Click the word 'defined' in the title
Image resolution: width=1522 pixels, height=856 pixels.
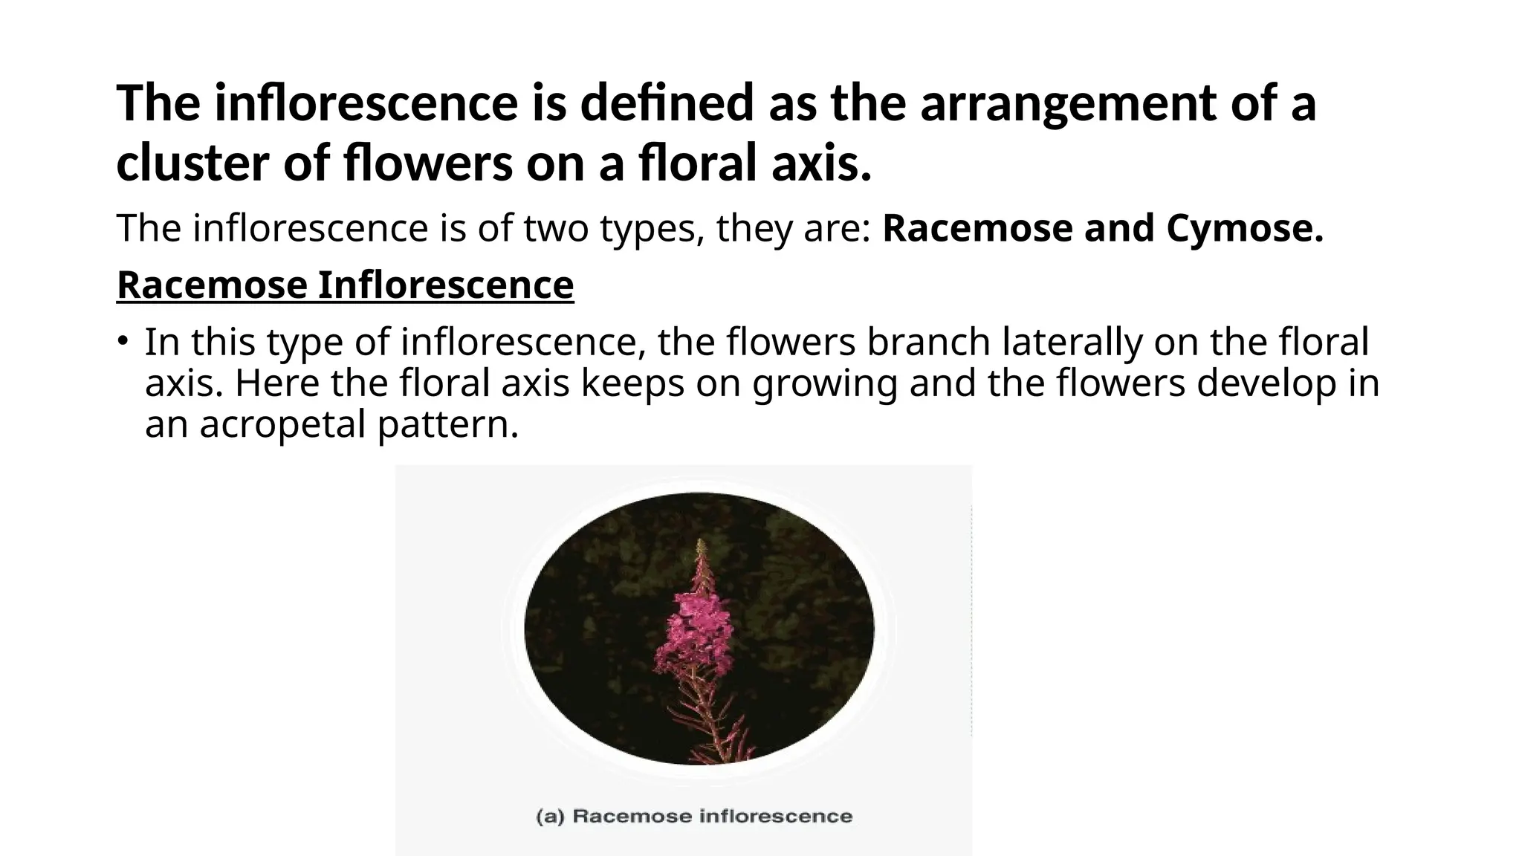point(667,103)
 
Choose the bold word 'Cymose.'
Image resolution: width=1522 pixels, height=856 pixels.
point(1245,228)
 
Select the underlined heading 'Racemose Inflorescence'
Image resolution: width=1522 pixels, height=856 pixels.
point(346,285)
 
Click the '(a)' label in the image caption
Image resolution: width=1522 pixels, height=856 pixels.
point(551,817)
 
